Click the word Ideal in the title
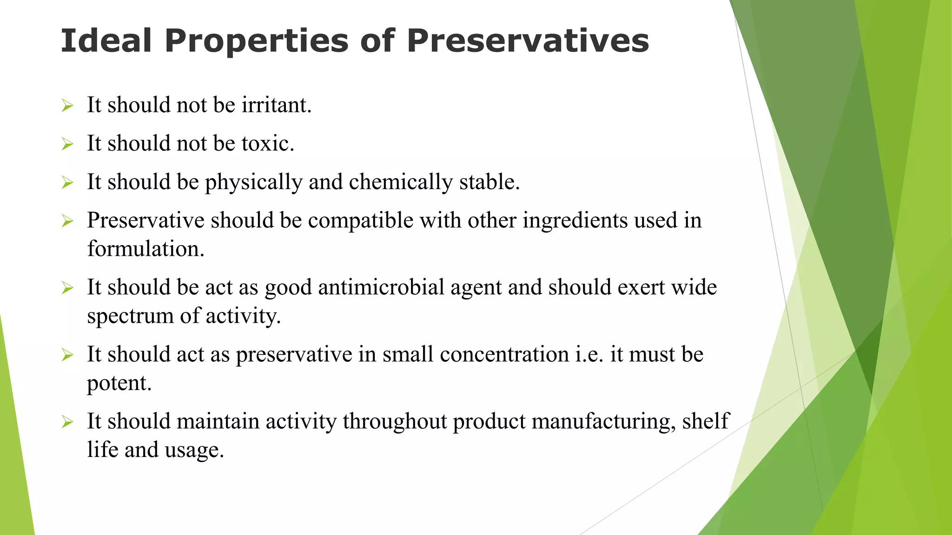(x=106, y=41)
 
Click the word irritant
(x=276, y=105)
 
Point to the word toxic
(x=268, y=144)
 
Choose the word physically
(x=254, y=183)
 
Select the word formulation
(x=145, y=249)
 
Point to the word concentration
(x=504, y=355)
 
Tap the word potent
(x=119, y=384)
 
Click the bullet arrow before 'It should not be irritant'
(x=68, y=106)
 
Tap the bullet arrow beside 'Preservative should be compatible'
(x=68, y=221)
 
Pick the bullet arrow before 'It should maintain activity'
(x=68, y=422)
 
